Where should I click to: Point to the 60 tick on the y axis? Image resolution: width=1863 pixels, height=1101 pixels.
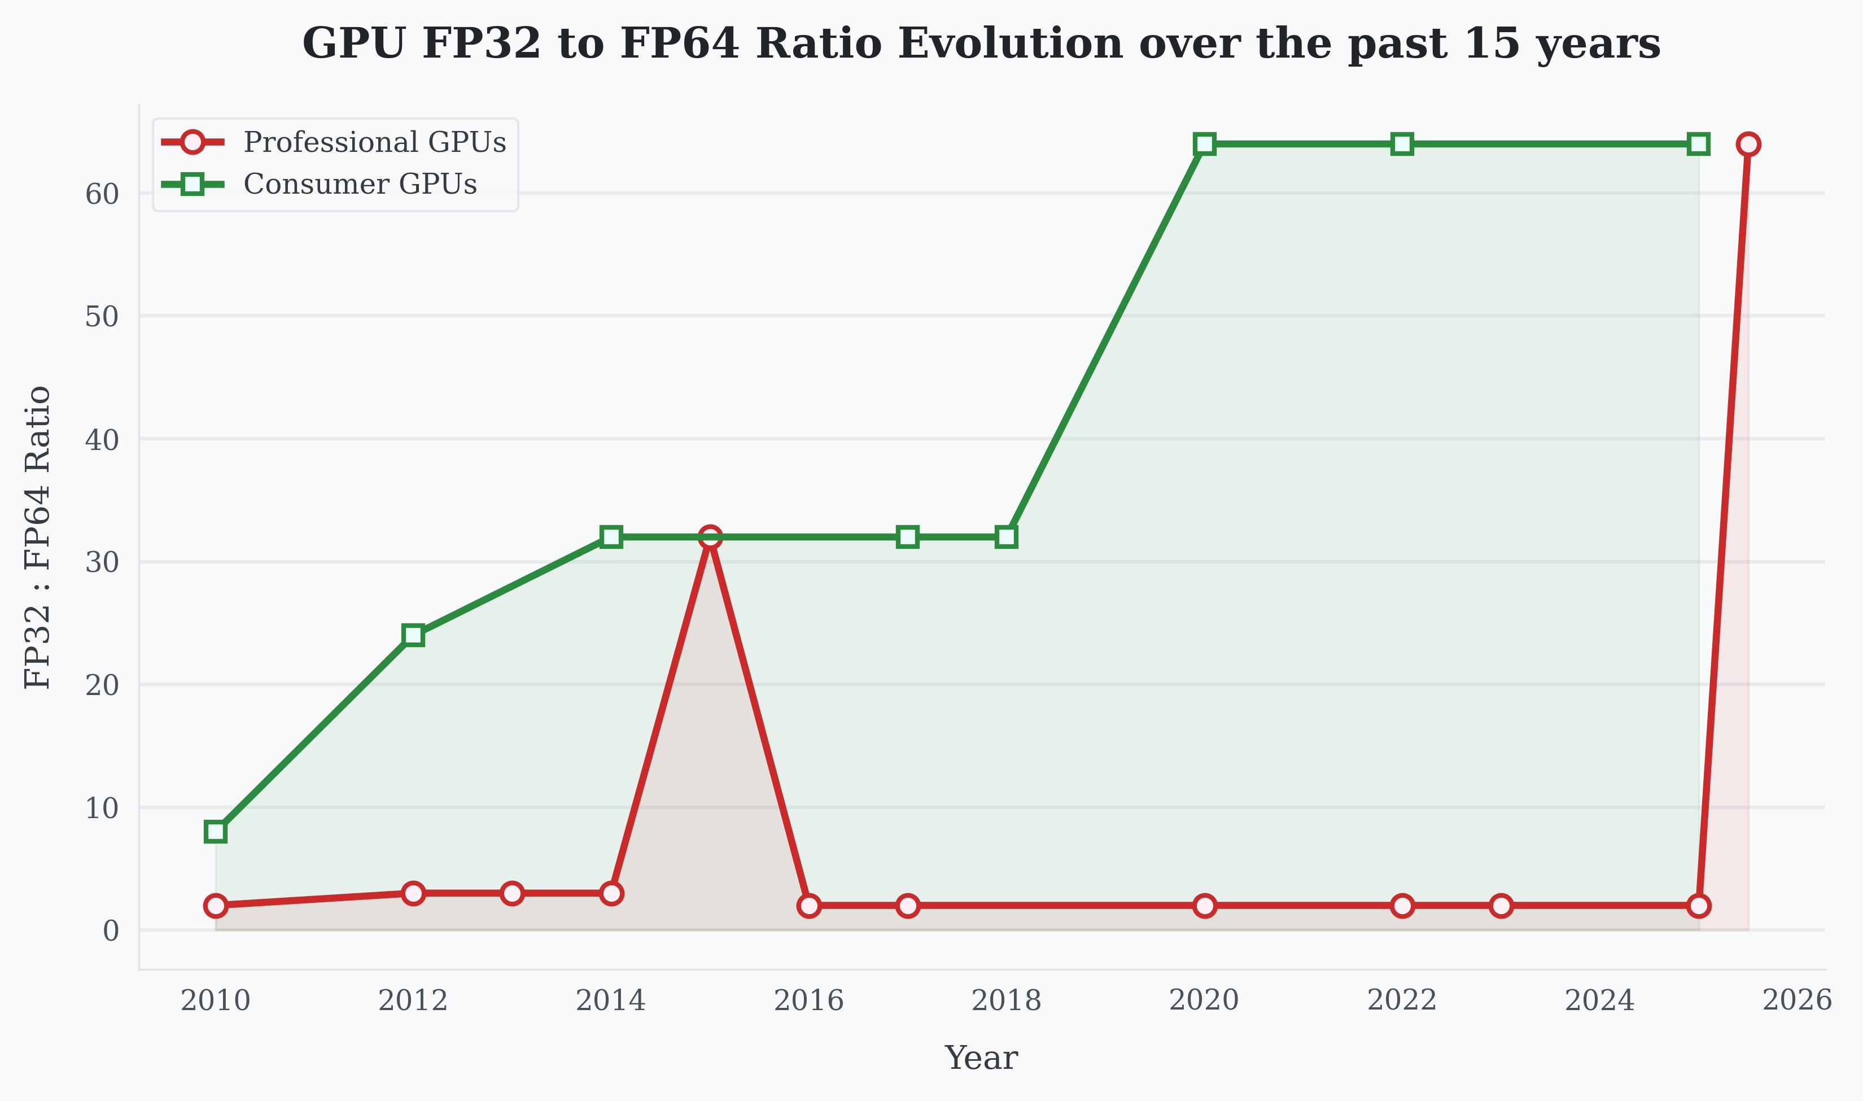coord(102,194)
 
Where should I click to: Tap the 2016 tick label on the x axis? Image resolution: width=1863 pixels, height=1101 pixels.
coord(808,1001)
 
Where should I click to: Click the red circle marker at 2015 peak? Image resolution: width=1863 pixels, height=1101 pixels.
coord(710,536)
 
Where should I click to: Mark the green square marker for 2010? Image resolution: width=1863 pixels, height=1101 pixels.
coord(216,831)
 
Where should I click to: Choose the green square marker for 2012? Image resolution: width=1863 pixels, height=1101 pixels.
coord(413,635)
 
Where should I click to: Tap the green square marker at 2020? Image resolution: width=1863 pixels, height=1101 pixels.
coord(1204,144)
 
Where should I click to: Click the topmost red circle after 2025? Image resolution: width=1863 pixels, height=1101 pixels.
coord(1748,144)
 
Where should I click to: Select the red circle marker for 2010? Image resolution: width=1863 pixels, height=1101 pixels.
coord(216,905)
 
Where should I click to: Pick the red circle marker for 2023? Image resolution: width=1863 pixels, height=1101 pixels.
coord(1501,905)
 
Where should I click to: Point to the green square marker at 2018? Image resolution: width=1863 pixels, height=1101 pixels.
coord(1007,536)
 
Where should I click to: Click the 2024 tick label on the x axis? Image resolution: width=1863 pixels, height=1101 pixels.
coord(1600,1001)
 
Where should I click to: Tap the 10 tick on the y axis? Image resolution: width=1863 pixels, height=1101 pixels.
coord(102,808)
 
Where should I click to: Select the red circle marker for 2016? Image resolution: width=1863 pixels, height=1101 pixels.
coord(808,905)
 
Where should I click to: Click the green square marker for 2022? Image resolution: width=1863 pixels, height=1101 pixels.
coord(1402,144)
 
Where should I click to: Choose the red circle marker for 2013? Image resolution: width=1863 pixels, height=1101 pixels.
coord(511,893)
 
